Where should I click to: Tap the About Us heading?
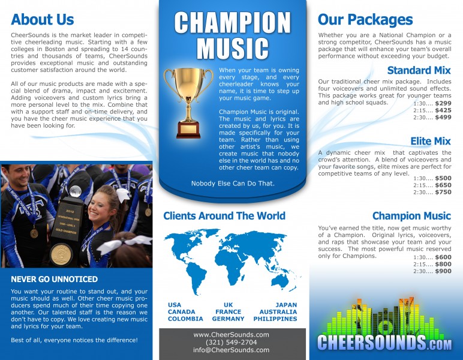pos(42,19)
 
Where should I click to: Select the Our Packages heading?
pos(365,19)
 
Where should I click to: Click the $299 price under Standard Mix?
pos(443,103)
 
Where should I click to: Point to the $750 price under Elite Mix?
pos(443,192)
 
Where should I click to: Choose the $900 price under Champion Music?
pos(443,271)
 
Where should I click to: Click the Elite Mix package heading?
pos(430,142)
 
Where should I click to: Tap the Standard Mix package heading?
pos(419,70)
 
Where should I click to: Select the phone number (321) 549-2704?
pos(231,342)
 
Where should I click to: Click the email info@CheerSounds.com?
pos(231,350)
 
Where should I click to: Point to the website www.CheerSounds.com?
pos(231,334)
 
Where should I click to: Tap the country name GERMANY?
pos(228,319)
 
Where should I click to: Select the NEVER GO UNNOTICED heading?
pos(54,279)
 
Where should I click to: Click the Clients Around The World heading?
pos(224,216)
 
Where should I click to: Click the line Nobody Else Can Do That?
pos(233,183)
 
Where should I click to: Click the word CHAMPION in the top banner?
pos(233,23)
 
